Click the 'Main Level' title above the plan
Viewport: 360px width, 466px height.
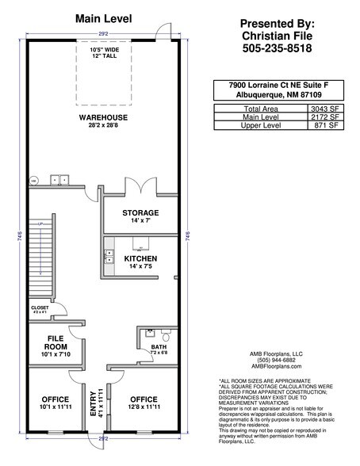103,17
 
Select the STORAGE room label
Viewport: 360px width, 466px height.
140,212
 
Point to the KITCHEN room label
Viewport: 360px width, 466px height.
140,258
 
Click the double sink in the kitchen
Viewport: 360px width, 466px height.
110,257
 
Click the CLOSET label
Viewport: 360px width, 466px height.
40,307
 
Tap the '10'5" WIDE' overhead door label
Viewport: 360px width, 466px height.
103,50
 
